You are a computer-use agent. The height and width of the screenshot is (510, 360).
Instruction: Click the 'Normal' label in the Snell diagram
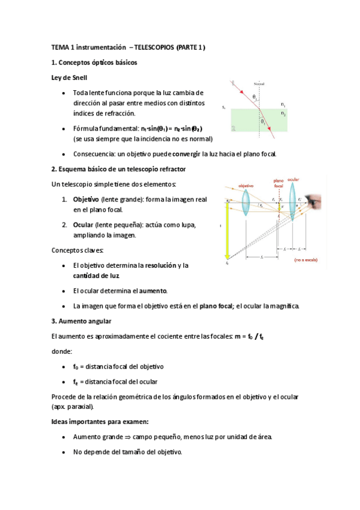[259, 84]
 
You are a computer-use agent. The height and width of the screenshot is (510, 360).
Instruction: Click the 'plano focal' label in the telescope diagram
[278, 183]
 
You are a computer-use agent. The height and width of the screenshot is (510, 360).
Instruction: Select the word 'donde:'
[61, 351]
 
